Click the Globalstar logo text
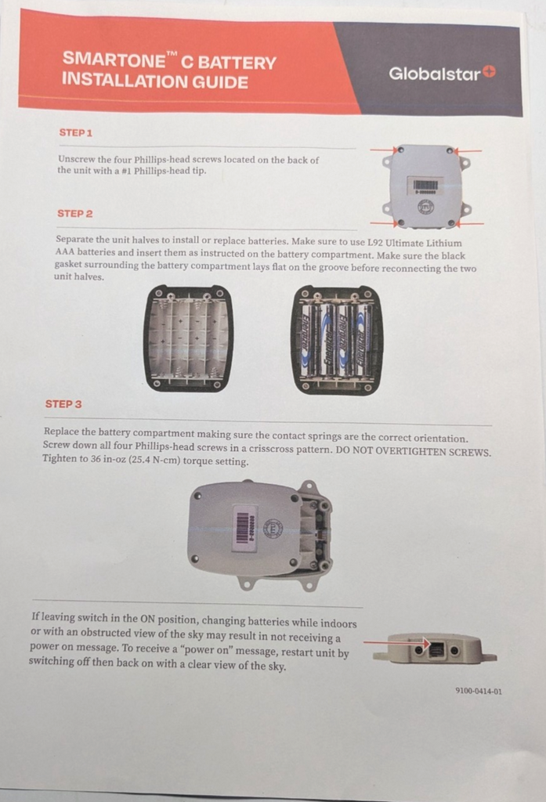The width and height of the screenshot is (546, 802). tap(435, 74)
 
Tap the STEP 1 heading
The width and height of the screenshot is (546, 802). tap(76, 133)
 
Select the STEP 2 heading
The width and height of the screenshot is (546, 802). tap(74, 214)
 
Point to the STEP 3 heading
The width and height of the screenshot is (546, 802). tap(63, 404)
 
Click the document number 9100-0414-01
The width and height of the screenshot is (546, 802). tap(479, 691)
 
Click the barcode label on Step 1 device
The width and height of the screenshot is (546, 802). tap(425, 186)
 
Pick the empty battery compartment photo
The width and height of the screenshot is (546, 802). tap(188, 338)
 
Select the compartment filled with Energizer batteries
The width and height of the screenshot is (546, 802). tap(337, 340)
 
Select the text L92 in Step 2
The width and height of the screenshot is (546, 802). tap(374, 243)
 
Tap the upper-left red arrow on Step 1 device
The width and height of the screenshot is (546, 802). tap(384, 150)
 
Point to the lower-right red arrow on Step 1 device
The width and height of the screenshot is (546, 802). tap(470, 224)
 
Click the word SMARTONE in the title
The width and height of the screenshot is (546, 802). tap(114, 60)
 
